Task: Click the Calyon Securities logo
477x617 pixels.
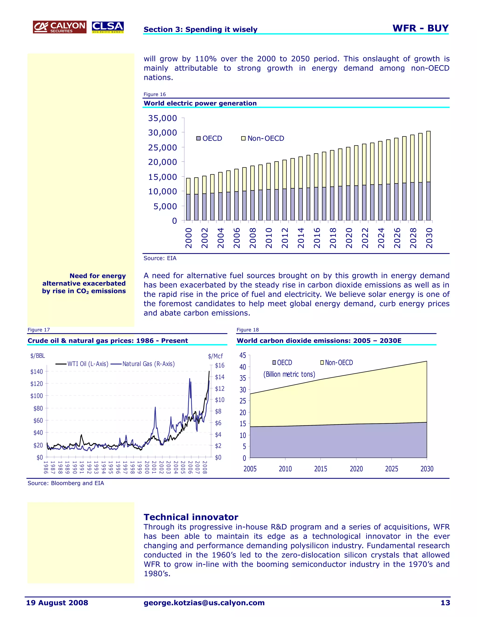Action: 59,27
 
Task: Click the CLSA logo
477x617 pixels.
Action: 108,27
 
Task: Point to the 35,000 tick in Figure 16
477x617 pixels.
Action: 163,118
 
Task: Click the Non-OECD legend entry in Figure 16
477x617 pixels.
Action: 262,139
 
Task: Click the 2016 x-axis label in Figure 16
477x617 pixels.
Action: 317,238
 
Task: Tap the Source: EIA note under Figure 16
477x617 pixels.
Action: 160,258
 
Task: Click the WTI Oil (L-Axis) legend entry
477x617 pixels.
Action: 82,364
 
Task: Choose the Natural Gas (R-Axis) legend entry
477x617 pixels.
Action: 143,364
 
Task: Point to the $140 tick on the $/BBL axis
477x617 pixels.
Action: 37,372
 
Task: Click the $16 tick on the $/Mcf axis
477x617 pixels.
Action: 220,365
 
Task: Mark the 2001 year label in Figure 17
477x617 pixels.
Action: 154,467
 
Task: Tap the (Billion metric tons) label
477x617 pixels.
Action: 289,374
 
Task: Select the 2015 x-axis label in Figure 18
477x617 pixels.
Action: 320,469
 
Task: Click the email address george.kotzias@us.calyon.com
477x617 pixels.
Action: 204,603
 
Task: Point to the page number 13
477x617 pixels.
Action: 445,603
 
